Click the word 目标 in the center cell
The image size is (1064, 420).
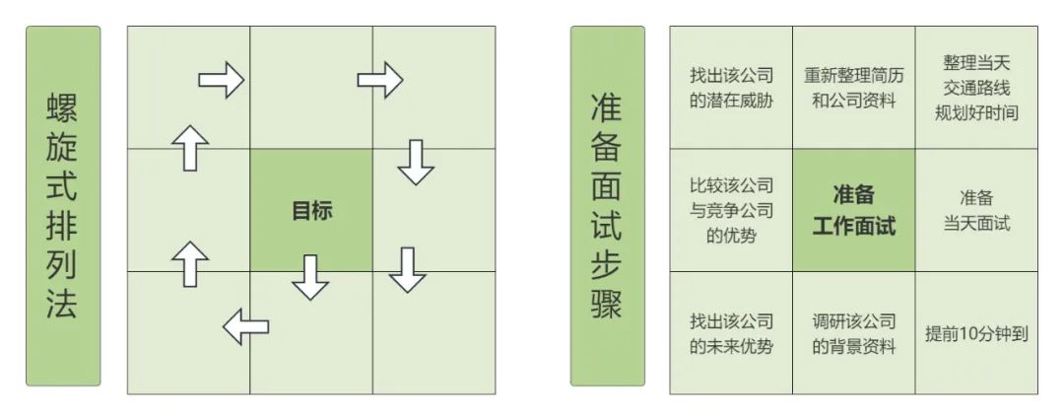(x=311, y=210)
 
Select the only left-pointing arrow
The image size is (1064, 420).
(x=245, y=325)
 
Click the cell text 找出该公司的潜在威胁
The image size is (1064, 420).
(x=731, y=88)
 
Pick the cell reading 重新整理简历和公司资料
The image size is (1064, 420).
(x=854, y=88)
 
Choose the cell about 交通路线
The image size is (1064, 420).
(x=976, y=88)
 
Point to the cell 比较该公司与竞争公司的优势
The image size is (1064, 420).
(x=731, y=210)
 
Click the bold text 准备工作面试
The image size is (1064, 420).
(x=854, y=210)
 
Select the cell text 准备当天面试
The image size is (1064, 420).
(x=976, y=210)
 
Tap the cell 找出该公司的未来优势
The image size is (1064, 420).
(x=731, y=333)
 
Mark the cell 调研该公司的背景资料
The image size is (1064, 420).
(x=854, y=333)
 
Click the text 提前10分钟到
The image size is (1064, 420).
(x=977, y=333)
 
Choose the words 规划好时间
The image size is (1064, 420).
(x=976, y=112)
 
